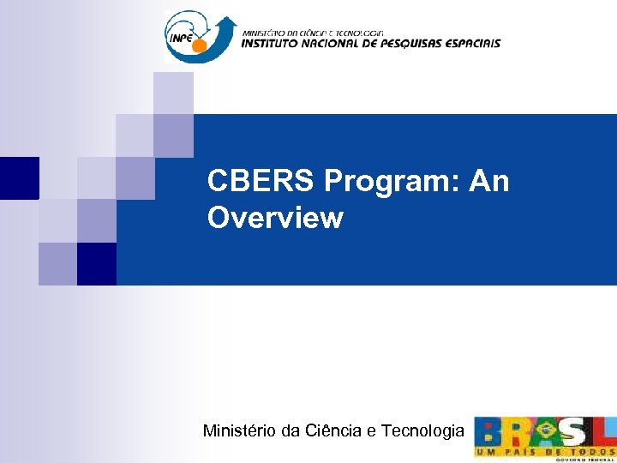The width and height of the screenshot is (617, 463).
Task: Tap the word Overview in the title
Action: point(275,219)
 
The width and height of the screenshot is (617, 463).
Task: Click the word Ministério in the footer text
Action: point(239,431)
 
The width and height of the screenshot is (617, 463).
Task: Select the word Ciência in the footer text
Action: point(332,431)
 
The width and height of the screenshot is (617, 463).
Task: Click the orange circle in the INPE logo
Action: point(199,45)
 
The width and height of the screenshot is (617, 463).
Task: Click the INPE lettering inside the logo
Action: point(182,38)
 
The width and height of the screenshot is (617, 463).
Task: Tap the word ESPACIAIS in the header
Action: point(472,43)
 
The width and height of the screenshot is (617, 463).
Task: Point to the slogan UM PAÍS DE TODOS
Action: point(545,451)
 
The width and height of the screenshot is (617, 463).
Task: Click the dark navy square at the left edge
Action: point(19,177)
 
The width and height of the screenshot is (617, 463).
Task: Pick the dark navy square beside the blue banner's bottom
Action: point(97,263)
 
